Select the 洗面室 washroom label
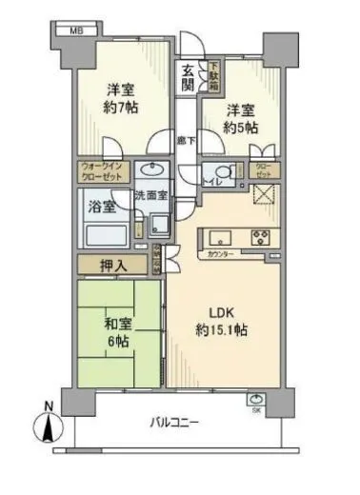point(150,195)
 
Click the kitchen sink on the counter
point(215,237)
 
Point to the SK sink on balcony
point(256,402)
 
